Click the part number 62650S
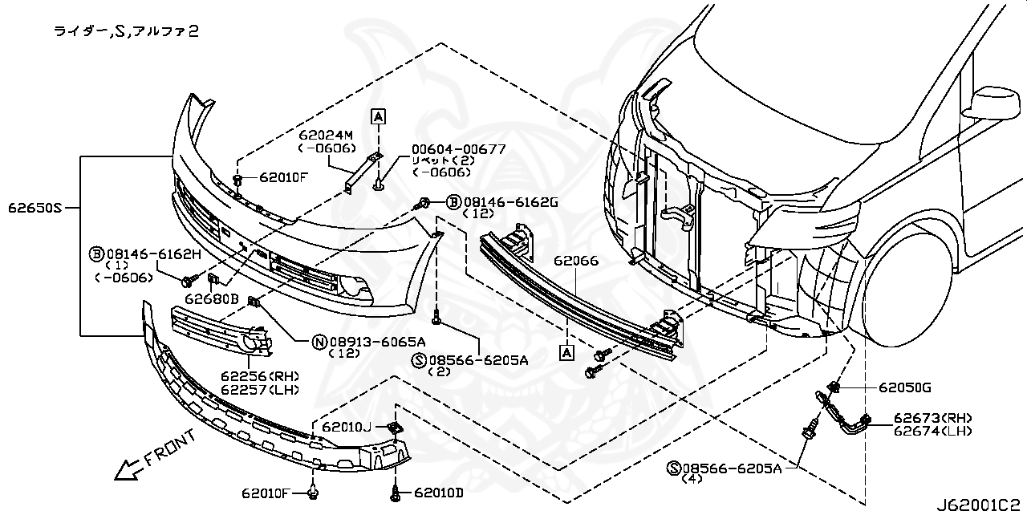coord(35,208)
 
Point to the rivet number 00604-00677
coord(458,148)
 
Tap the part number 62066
coord(575,261)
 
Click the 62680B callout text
coord(212,298)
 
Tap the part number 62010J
coord(346,427)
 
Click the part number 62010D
coord(439,492)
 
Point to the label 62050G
coord(904,387)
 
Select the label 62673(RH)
coord(932,418)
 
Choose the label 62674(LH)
coord(932,431)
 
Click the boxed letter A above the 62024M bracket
coord(378,116)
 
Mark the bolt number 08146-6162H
coord(150,254)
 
